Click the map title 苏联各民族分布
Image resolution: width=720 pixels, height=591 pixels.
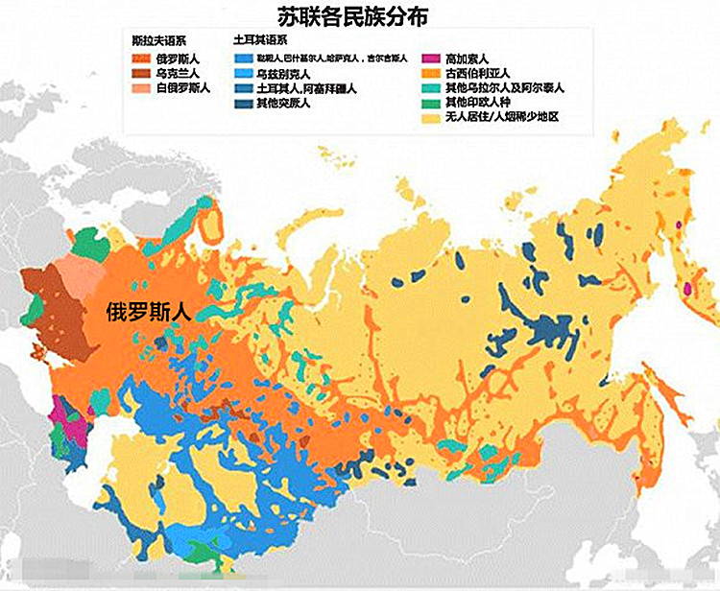360,16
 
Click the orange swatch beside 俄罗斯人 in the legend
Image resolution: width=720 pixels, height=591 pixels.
141,58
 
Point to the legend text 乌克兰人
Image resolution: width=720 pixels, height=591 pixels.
177,73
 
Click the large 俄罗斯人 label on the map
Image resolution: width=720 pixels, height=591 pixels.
150,311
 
